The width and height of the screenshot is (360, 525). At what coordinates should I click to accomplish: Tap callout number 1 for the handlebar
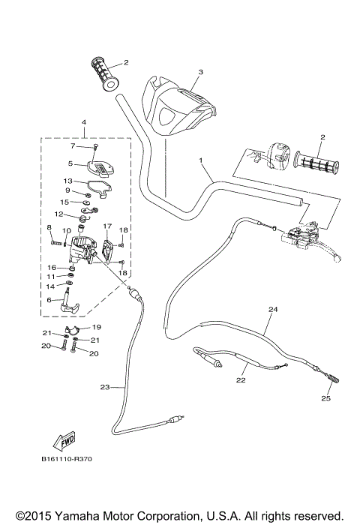tap(201, 160)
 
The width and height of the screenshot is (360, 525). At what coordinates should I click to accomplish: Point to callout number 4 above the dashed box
tap(83, 122)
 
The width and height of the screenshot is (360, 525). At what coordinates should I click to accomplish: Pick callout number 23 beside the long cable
tap(104, 387)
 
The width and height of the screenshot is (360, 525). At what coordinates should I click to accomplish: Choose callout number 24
tap(272, 310)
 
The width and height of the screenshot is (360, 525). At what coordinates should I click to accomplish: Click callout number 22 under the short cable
tap(241, 380)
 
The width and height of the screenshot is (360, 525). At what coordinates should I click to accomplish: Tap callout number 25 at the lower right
tap(326, 397)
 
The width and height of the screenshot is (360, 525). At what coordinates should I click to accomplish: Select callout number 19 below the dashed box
tap(96, 328)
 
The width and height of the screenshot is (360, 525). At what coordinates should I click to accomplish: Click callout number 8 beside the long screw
tap(49, 227)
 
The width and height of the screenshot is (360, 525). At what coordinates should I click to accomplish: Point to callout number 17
tap(107, 226)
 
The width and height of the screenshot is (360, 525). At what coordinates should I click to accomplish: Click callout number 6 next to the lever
tap(49, 299)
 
